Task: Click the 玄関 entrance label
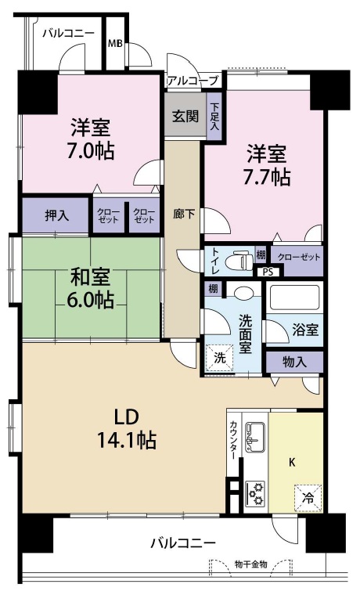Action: click(x=184, y=116)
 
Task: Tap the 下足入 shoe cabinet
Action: click(x=214, y=117)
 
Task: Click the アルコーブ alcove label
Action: click(x=192, y=81)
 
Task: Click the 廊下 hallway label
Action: click(x=184, y=214)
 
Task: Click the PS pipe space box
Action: click(x=268, y=272)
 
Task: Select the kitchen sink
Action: click(x=255, y=432)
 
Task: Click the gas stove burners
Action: click(x=255, y=492)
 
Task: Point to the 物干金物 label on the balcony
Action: click(x=250, y=564)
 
